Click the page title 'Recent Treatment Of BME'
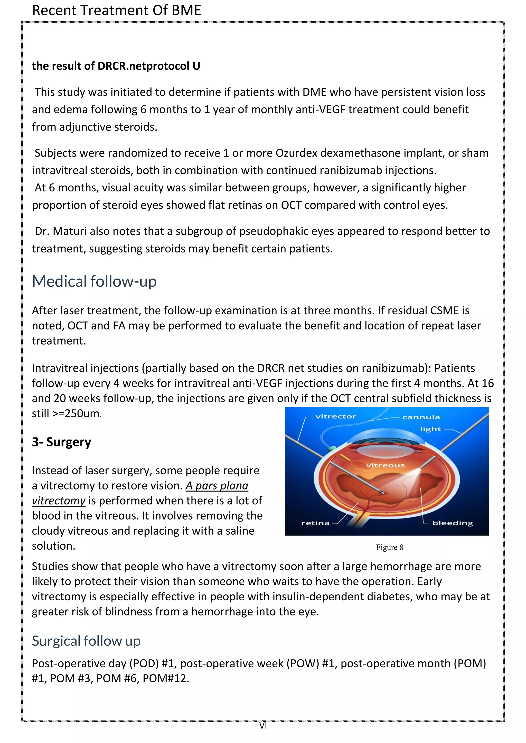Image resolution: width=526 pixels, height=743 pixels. (116, 10)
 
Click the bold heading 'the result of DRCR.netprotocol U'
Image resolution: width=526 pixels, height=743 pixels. (116, 66)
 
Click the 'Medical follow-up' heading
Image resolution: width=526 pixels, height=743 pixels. (94, 281)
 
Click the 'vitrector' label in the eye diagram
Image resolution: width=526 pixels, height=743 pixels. (335, 416)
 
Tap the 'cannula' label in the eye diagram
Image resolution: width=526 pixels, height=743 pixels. (421, 417)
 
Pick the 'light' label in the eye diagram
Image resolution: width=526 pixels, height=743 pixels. (430, 429)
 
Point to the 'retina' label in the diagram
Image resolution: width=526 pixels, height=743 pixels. (315, 523)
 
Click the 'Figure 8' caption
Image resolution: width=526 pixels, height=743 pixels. (389, 547)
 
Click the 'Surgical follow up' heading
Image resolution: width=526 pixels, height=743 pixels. (86, 641)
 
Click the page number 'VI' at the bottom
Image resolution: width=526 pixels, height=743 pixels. (263, 726)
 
